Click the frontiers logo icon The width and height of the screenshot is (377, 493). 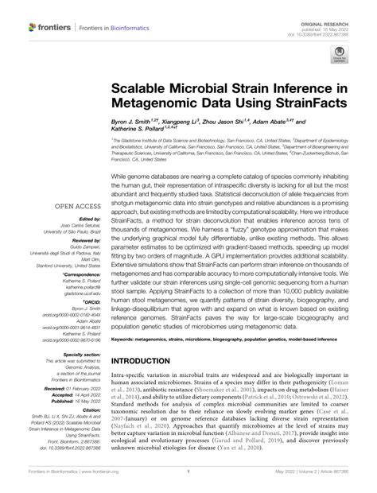(x=36, y=27)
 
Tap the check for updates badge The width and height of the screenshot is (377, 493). (x=339, y=56)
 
